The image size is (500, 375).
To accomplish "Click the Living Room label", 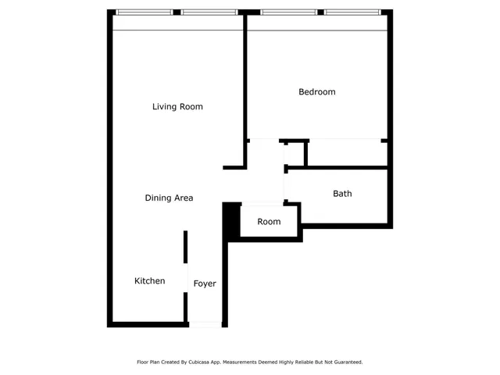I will coord(177,106).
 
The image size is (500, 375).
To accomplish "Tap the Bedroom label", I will coord(317,92).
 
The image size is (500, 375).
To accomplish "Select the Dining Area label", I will coord(169,198).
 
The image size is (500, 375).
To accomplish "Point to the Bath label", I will coord(342,193).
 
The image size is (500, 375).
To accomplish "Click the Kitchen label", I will coord(149,280).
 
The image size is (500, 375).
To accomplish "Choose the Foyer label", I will coord(205,284).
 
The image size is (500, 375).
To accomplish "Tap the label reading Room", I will coord(269,222).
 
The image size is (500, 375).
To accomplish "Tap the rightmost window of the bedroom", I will coord(354,12).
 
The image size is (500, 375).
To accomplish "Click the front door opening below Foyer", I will coord(205,323).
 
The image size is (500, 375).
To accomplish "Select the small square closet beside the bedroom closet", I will coord(295,153).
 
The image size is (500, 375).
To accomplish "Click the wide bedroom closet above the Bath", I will coord(346,153).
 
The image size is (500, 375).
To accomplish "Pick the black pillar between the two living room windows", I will coord(179,12).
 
